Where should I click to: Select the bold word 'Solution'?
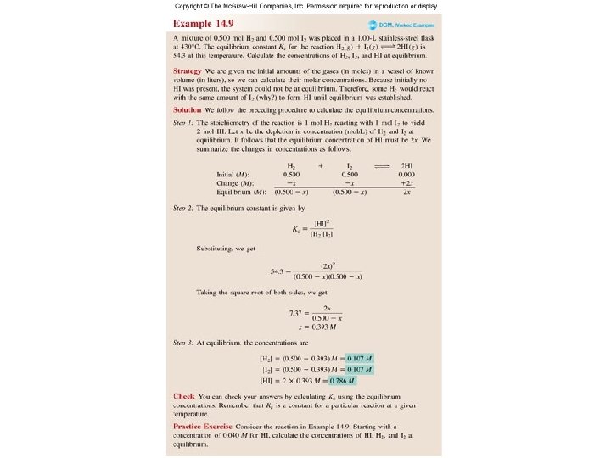(x=187, y=110)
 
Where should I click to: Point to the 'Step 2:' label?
(x=186, y=208)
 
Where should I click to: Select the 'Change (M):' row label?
(x=238, y=182)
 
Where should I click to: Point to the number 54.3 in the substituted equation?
(x=277, y=271)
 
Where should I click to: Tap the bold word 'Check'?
(x=183, y=396)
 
